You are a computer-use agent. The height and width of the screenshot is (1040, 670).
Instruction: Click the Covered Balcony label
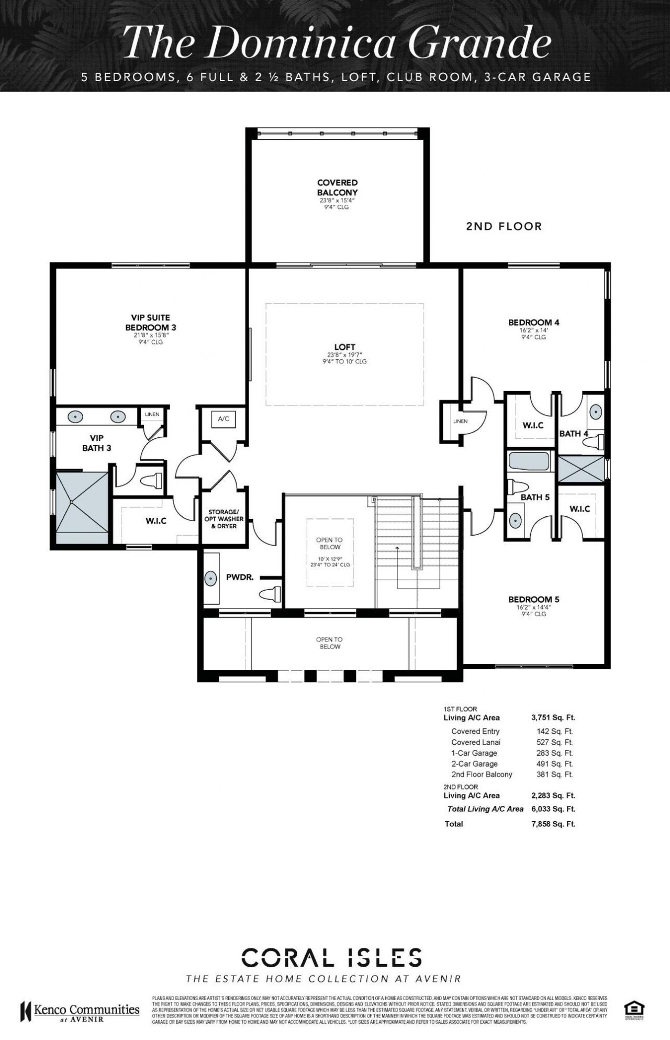click(338, 187)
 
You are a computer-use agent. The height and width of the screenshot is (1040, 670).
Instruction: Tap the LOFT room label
click(344, 347)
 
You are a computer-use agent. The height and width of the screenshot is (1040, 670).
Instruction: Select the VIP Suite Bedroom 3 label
click(150, 323)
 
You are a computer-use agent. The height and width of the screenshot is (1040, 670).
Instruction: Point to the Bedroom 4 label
click(533, 323)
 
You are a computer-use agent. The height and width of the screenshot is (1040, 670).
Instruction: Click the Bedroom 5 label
click(533, 599)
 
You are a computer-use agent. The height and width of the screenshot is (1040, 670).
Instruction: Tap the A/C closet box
click(224, 419)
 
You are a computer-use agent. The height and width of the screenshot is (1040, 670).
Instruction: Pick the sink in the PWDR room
click(210, 578)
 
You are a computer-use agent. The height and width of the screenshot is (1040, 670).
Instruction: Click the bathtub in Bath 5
click(529, 462)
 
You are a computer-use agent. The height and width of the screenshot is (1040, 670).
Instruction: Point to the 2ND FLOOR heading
click(504, 226)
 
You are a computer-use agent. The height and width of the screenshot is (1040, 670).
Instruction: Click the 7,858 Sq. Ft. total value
click(553, 824)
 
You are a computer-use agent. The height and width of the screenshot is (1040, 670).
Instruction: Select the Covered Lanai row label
click(475, 742)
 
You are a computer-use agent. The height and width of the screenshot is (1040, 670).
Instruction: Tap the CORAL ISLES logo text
click(332, 957)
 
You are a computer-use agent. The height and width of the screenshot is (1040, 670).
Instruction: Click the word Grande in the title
click(479, 43)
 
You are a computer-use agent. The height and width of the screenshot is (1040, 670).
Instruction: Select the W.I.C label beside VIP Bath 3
click(156, 521)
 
